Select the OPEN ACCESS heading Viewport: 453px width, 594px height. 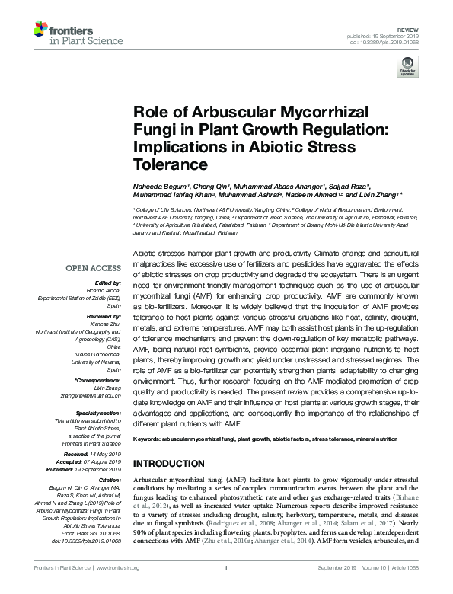point(93,267)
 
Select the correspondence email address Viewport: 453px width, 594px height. point(92,394)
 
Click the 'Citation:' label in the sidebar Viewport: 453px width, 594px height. point(109,481)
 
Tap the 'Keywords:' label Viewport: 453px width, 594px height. point(148,440)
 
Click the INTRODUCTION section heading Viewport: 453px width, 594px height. point(168,464)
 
